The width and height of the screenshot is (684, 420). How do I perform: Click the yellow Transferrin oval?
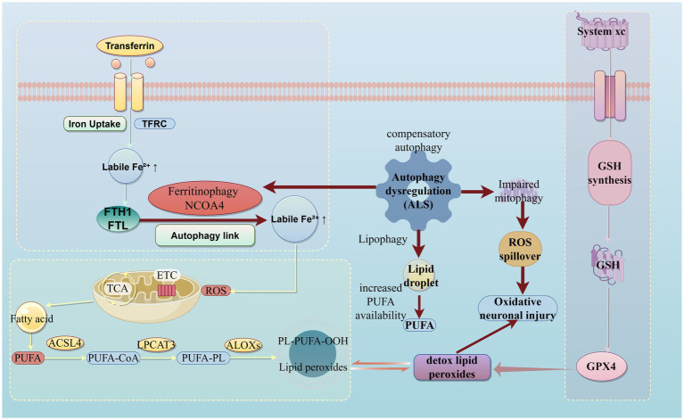click(129, 45)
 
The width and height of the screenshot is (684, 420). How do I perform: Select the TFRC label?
click(154, 124)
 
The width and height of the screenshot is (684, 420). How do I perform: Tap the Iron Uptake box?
click(95, 124)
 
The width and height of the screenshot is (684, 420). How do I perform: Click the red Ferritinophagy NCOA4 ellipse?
click(205, 199)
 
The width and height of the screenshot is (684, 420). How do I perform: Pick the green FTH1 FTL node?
click(118, 219)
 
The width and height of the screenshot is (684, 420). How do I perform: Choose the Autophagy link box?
click(205, 235)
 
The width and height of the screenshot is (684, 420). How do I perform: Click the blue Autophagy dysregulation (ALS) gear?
click(418, 191)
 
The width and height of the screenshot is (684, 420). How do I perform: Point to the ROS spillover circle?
click(520, 249)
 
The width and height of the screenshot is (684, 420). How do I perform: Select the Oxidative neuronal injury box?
click(518, 309)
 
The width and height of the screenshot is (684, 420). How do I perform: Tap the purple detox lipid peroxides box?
click(452, 367)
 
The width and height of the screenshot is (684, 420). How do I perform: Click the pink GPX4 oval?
click(601, 366)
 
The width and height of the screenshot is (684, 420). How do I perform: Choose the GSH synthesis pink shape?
click(609, 173)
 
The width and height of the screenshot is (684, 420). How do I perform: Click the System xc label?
click(601, 31)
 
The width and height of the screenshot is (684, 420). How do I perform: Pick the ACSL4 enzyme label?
click(65, 343)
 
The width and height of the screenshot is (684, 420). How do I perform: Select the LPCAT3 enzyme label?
click(156, 345)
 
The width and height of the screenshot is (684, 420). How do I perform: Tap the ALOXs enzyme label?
click(243, 345)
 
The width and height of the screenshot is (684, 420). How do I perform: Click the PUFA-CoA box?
click(113, 358)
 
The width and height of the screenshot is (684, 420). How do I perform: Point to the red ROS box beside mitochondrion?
click(216, 291)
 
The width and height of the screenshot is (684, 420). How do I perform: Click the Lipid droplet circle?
click(421, 276)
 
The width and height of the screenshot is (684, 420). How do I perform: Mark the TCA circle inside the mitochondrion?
click(118, 288)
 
